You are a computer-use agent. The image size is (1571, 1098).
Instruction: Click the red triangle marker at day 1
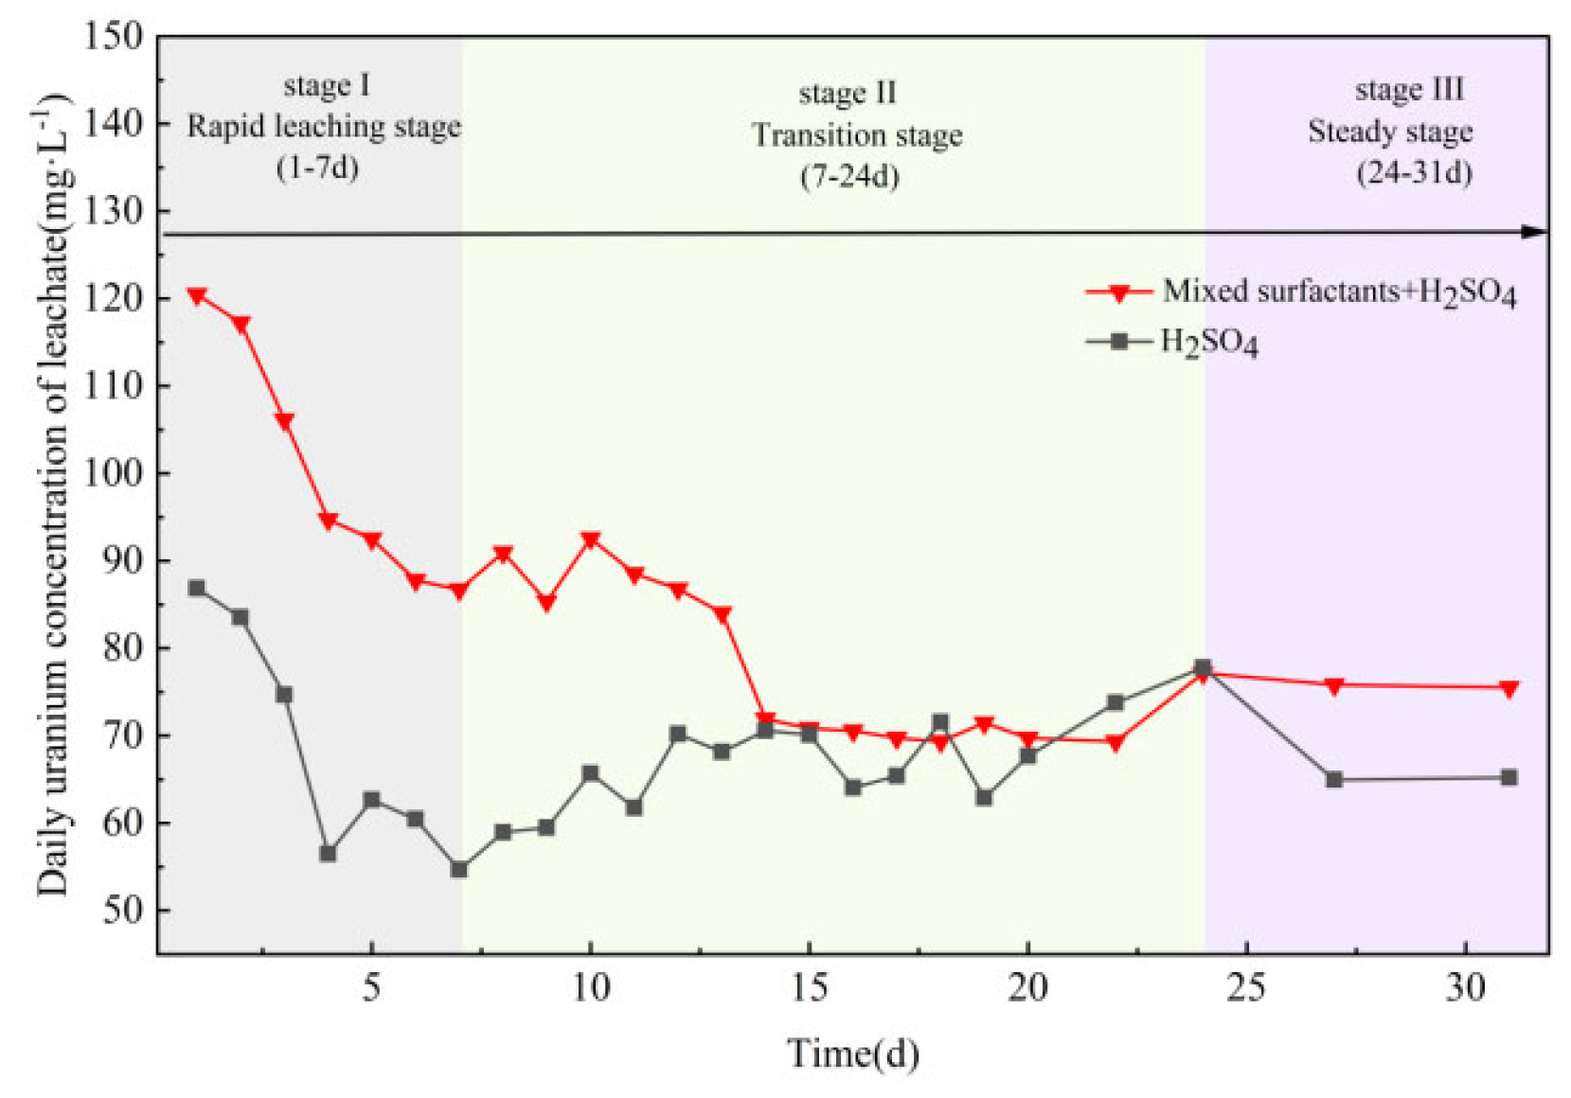pos(197,296)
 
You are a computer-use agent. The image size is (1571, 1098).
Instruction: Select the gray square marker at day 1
pos(197,588)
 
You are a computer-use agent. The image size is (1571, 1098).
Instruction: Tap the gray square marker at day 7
pos(459,870)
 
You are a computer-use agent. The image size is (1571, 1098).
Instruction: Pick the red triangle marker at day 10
pos(591,540)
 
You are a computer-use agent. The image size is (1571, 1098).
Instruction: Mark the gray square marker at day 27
pos(1334,780)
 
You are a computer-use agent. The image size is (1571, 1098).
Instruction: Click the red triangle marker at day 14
pos(766,719)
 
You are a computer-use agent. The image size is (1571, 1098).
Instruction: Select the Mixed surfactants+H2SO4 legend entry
pos(1302,292)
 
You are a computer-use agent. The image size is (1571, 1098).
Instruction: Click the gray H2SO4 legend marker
pos(1120,342)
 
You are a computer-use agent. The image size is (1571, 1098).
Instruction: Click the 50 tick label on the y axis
pos(123,910)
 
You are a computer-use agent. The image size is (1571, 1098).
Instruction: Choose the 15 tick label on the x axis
pos(809,988)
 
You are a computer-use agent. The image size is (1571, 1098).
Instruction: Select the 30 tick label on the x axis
pos(1466,988)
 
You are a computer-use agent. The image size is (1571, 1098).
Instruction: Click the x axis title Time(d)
pos(853,1054)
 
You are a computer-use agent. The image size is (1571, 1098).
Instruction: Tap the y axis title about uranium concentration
pos(56,494)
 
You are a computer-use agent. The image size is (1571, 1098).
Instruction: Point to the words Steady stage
pos(1390,132)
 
